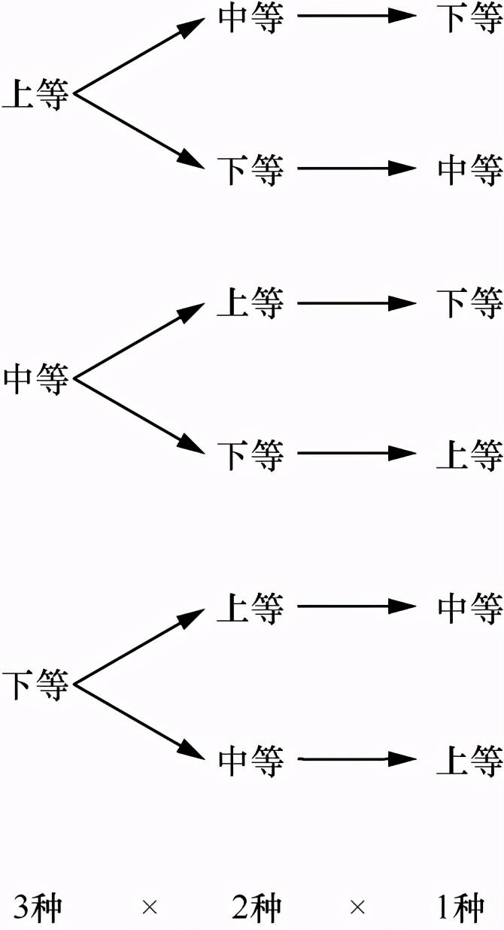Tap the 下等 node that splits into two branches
pos(35,685)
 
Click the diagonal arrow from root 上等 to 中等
pos(139,53)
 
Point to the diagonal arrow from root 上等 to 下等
pos(139,130)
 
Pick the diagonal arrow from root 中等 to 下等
pos(139,416)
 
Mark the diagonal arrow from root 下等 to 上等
pos(139,646)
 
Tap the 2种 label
pos(256,907)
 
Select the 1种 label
pos(460,907)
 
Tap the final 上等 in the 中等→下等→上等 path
pos(470,454)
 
